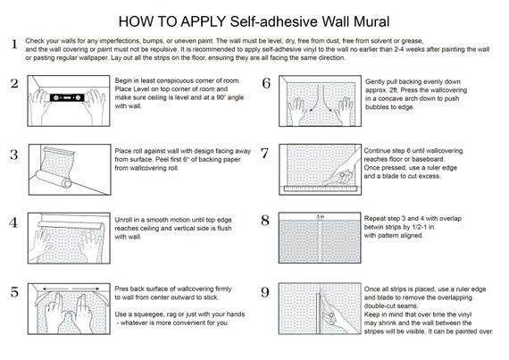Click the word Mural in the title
[371, 21]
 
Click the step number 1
[14, 44]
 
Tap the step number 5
[14, 292]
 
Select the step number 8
[265, 221]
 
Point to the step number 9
[265, 292]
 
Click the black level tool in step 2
[67, 97]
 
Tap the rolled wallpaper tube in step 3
[54, 179]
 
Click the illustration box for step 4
[69, 238]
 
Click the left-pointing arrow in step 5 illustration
[55, 289]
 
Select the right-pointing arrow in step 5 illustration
[86, 289]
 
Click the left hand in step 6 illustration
[297, 112]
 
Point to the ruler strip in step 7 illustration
[320, 188]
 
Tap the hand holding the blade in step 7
[345, 172]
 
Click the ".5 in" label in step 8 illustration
[321, 216]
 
